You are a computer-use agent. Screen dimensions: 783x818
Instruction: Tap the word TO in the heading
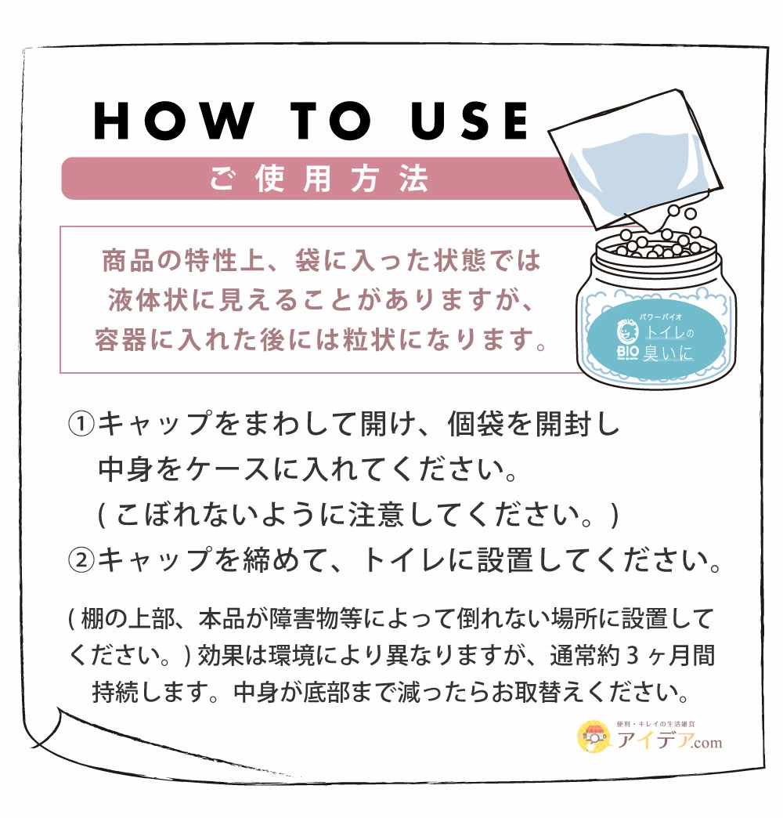pos(331,121)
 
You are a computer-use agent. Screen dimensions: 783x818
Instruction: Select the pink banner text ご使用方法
pos(319,179)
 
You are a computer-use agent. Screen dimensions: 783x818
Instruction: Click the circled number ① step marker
pos(81,424)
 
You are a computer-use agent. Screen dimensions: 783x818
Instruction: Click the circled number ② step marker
pos(81,560)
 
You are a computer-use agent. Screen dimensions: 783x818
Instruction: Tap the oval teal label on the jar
pos(655,337)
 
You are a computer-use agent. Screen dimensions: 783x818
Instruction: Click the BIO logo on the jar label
pos(627,340)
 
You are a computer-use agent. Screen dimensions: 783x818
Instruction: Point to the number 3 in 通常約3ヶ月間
pos(633,655)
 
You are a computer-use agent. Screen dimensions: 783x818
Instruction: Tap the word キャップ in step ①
pos(156,424)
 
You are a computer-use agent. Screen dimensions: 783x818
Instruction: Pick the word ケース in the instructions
pos(229,469)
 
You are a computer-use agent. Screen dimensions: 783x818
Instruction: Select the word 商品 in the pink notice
pos(128,260)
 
